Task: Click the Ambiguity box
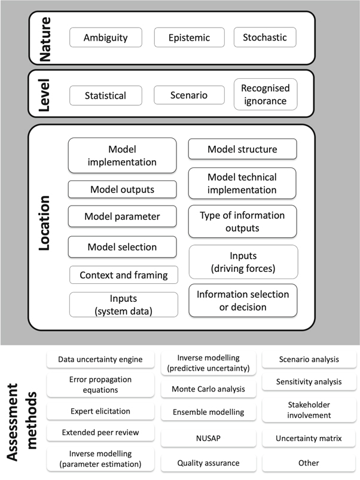pos(106,38)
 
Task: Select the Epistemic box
pos(190,38)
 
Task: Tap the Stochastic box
pos(265,38)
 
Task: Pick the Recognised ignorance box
pos(265,94)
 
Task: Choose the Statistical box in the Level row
pos(106,96)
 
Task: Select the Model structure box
pos(242,149)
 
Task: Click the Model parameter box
pos(123,216)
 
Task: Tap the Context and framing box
pos(124,276)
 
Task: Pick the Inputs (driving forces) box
pos(243,262)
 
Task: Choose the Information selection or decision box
pos(243,301)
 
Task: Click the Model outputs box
pos(123,189)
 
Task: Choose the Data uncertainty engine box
pos(100,360)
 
